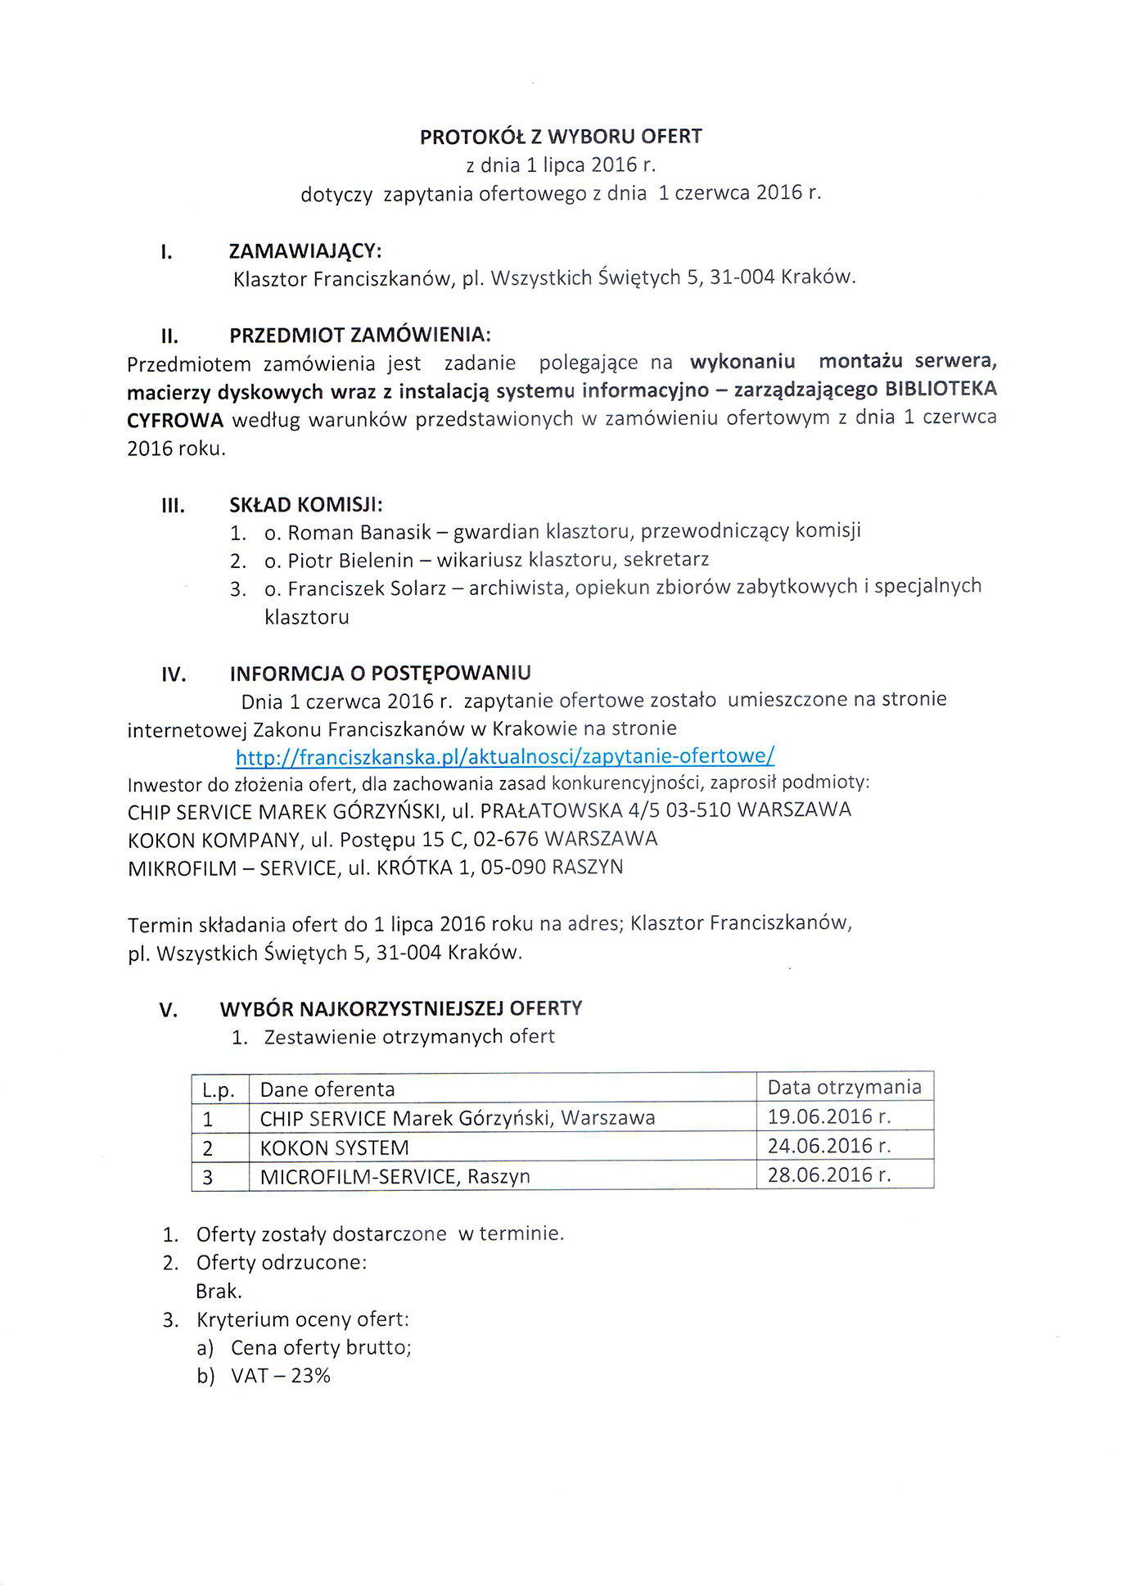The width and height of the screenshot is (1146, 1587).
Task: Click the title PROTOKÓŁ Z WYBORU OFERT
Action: click(561, 137)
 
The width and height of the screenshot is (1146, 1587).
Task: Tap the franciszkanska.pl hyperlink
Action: click(504, 755)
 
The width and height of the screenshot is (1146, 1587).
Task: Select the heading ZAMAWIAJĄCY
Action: click(305, 250)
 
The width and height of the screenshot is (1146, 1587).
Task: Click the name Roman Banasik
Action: click(359, 533)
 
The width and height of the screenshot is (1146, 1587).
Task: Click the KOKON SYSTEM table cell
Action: click(334, 1147)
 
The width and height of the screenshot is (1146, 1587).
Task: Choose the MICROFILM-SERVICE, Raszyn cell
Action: click(395, 1177)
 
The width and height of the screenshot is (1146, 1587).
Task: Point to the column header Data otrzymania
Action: click(844, 1087)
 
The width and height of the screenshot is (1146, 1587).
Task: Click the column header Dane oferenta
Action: click(327, 1089)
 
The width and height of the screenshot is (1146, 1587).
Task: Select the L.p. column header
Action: click(219, 1090)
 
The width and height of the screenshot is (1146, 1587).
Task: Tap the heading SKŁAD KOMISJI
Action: click(305, 504)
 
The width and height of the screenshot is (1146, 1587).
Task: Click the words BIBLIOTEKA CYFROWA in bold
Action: click(941, 389)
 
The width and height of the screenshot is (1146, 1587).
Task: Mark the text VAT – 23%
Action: click(280, 1376)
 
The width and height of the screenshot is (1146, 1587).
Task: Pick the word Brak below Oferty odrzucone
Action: click(219, 1291)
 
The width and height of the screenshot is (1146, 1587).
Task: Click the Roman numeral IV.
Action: click(174, 675)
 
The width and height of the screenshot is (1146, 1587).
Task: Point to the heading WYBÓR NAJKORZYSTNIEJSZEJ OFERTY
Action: click(401, 1008)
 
